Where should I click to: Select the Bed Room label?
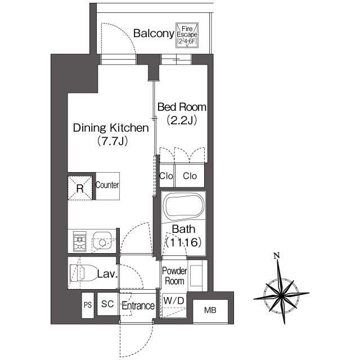(181, 107)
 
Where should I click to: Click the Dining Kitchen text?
(111, 128)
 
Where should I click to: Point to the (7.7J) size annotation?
(111, 141)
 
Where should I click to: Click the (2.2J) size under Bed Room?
(181, 120)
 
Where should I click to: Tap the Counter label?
(107, 185)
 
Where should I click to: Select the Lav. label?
(107, 274)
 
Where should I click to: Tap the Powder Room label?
(174, 276)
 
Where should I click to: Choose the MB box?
(209, 310)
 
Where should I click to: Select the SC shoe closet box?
(107, 304)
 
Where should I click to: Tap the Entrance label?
(138, 306)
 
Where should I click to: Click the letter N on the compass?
(276, 256)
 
